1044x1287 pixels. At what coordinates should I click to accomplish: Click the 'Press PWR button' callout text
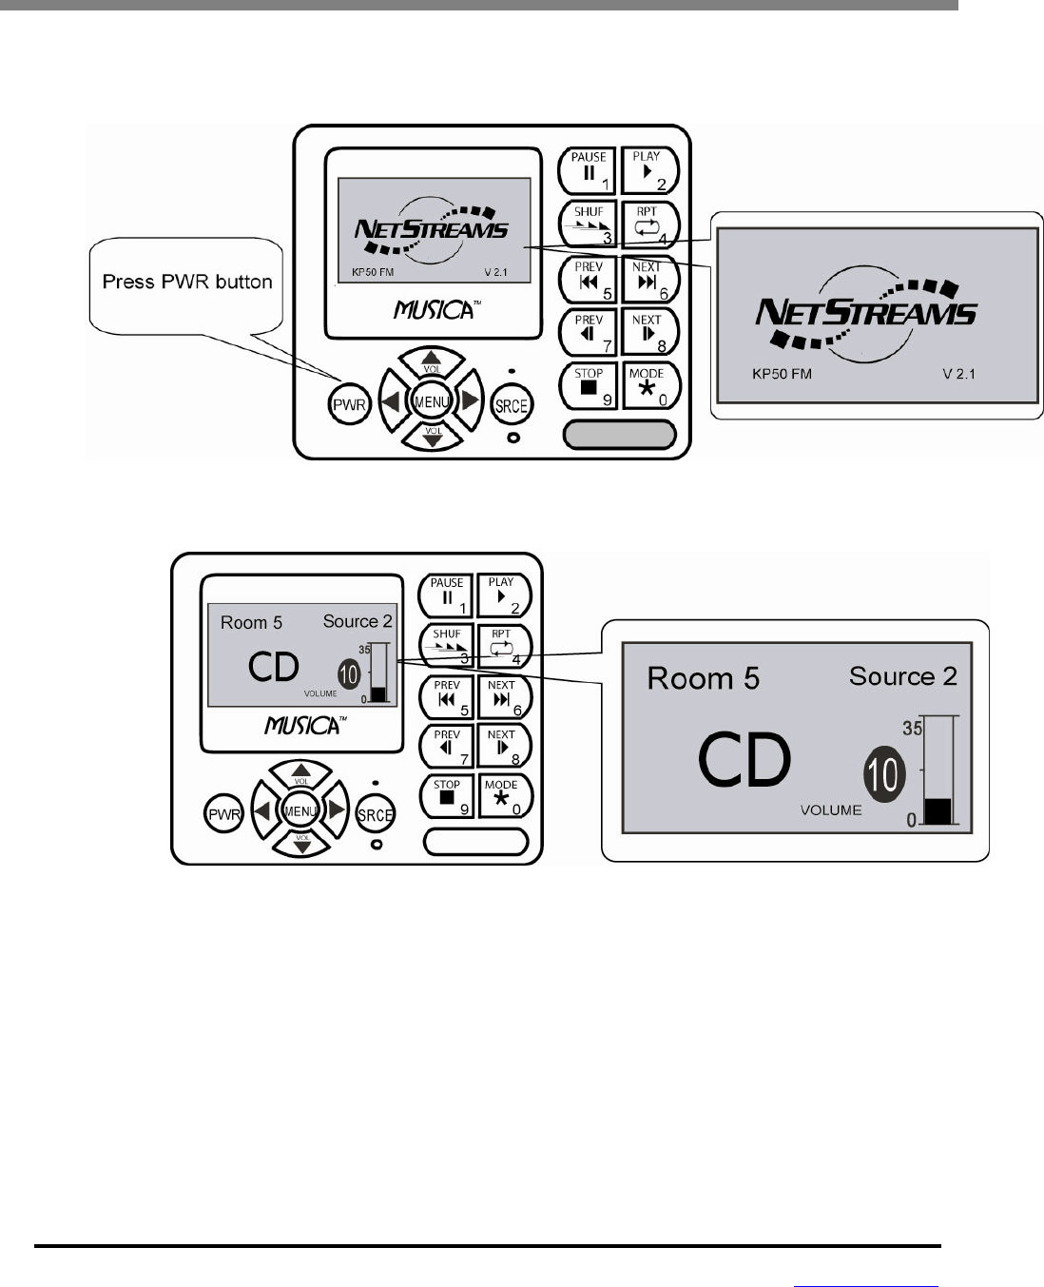(187, 283)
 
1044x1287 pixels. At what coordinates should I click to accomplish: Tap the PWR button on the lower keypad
(224, 814)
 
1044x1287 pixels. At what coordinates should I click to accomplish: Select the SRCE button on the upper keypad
(511, 405)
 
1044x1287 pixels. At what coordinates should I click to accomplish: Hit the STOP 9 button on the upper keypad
(590, 385)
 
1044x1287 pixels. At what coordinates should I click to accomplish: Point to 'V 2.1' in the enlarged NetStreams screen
(958, 374)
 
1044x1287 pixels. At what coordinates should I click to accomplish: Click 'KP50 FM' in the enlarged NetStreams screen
(782, 374)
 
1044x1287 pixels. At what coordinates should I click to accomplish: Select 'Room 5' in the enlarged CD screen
(704, 678)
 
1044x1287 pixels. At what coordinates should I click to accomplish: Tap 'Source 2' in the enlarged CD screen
(902, 676)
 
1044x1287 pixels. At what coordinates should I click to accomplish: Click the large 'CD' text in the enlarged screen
(744, 761)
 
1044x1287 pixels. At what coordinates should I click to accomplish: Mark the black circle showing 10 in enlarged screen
(883, 774)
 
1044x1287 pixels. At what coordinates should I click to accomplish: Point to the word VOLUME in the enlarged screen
(831, 810)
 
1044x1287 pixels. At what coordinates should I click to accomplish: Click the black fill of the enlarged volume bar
(938, 810)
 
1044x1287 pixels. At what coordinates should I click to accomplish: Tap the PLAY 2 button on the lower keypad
(502, 595)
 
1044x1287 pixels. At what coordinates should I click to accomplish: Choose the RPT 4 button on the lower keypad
(502, 646)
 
